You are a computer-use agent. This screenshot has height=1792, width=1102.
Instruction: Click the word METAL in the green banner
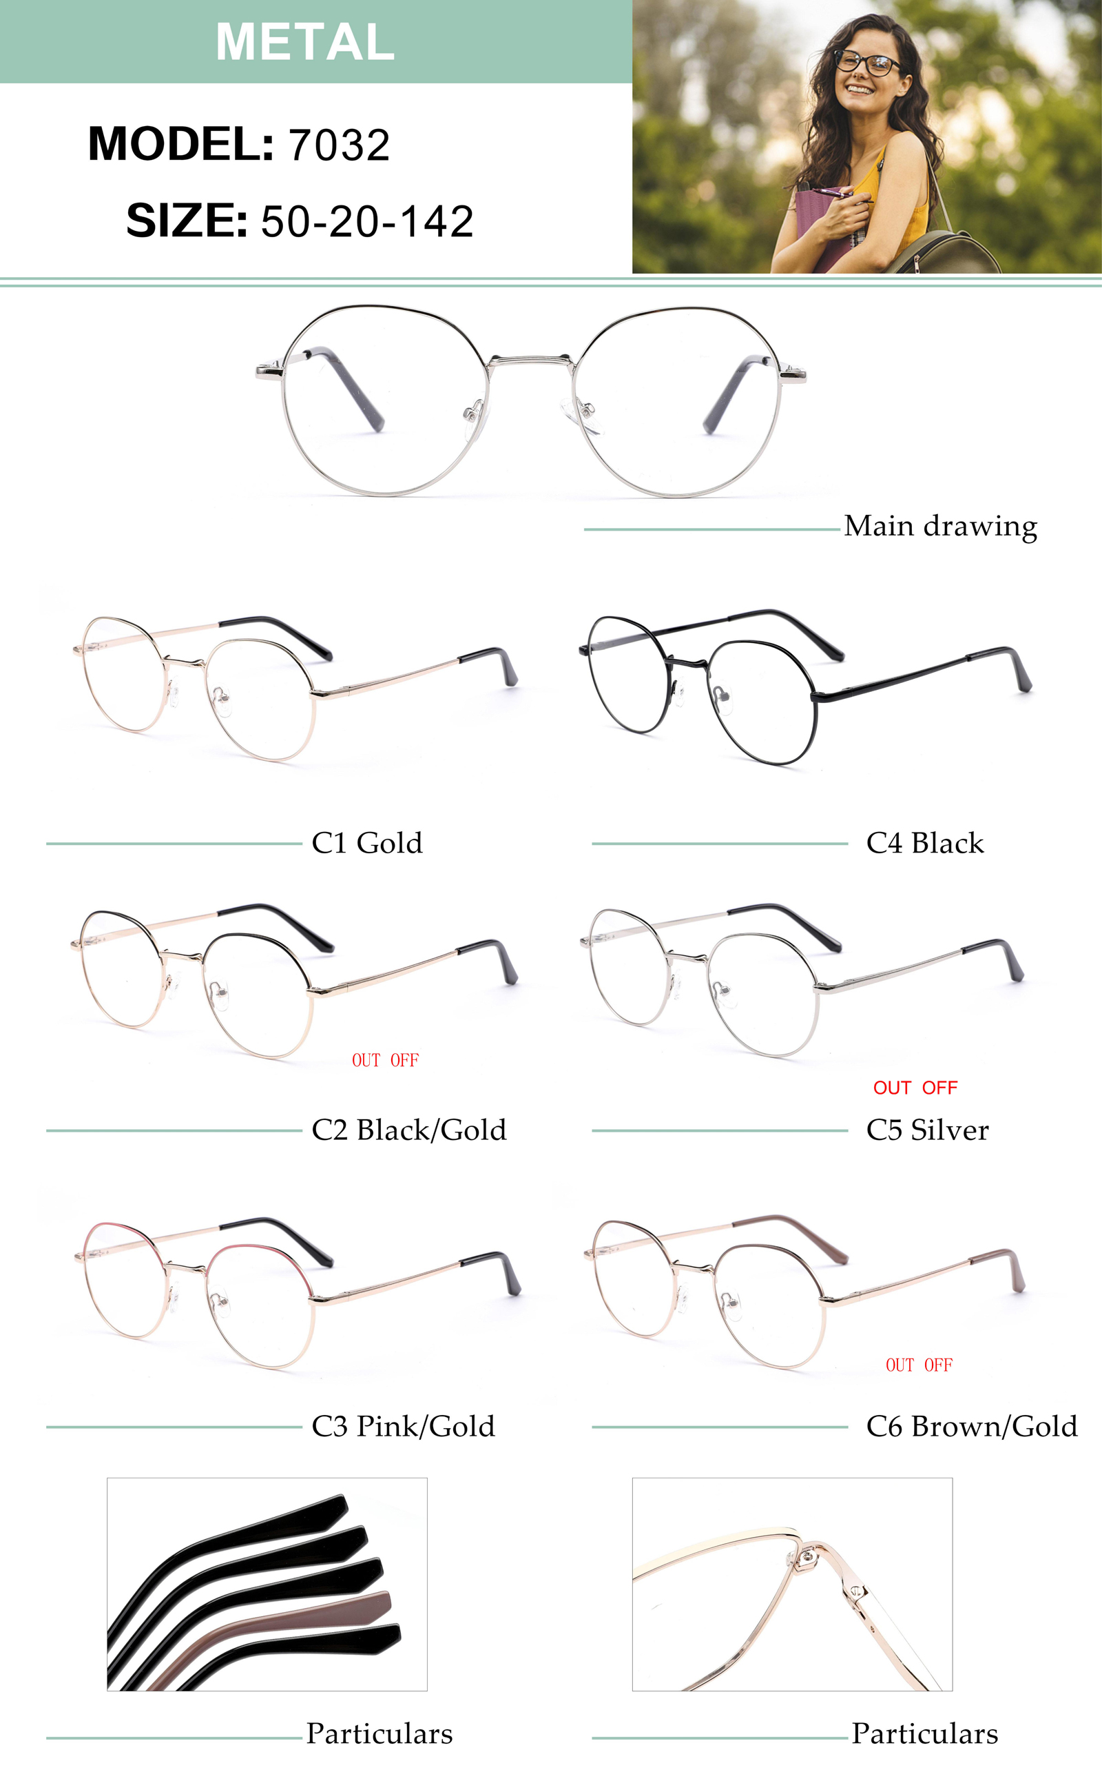pyautogui.click(x=304, y=41)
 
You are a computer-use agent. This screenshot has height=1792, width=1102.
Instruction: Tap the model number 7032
pyautogui.click(x=339, y=145)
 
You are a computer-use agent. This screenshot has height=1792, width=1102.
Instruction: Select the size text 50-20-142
pyautogui.click(x=366, y=221)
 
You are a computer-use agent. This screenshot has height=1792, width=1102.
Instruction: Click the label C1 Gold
pyautogui.click(x=366, y=843)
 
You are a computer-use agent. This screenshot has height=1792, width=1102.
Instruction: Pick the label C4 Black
pyautogui.click(x=924, y=843)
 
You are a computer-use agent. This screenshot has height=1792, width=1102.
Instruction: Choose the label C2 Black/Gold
pyautogui.click(x=408, y=1130)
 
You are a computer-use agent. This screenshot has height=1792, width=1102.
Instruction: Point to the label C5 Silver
pyautogui.click(x=927, y=1130)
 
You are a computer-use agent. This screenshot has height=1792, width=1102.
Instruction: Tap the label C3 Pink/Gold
pyautogui.click(x=403, y=1426)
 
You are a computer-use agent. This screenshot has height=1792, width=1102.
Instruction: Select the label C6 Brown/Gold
pyautogui.click(x=971, y=1426)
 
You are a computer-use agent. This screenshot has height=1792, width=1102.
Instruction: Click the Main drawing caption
pyautogui.click(x=940, y=526)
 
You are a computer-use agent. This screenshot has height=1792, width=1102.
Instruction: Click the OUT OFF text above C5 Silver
pyautogui.click(x=915, y=1088)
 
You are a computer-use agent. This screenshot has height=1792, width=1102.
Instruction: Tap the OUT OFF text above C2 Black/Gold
pyautogui.click(x=385, y=1061)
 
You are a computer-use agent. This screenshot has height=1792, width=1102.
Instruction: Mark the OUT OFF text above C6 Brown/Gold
pyautogui.click(x=918, y=1365)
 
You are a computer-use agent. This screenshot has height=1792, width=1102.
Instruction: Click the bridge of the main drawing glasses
pyautogui.click(x=530, y=359)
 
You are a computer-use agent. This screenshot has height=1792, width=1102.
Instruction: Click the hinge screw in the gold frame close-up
pyautogui.click(x=807, y=1558)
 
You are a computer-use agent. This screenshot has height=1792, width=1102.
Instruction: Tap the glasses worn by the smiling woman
pyautogui.click(x=867, y=63)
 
